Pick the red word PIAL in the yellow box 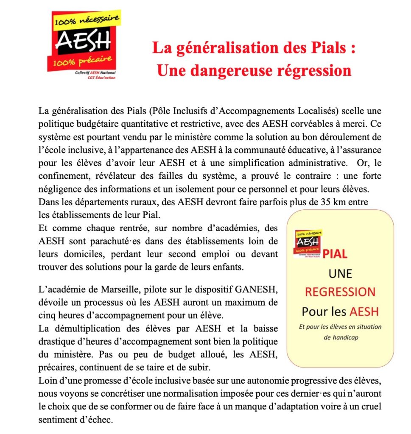pos(335,254)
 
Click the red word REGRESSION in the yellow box pos(340,292)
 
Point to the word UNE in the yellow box pos(340,273)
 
